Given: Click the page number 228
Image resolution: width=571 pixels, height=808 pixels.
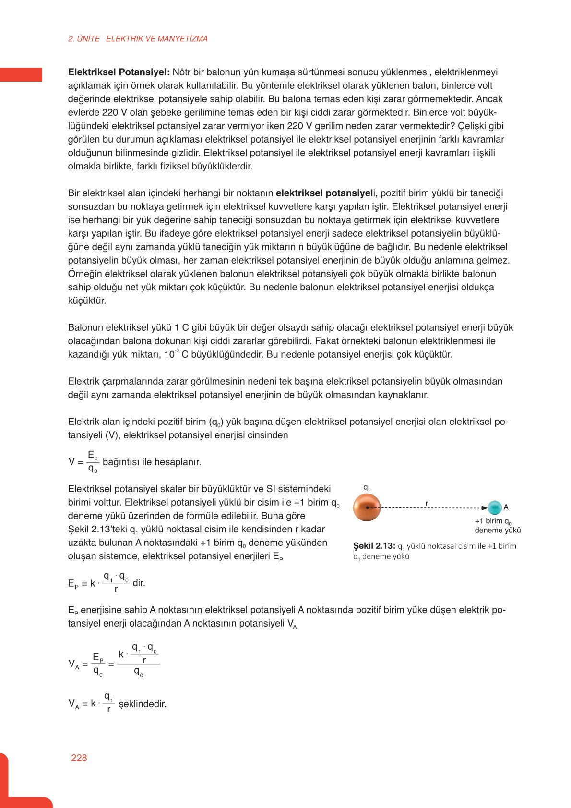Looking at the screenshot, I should coord(79,758).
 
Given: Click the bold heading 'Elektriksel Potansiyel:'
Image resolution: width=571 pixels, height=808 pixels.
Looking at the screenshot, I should coord(119,72).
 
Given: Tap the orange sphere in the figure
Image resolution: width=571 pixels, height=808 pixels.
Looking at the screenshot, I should coord(367,507).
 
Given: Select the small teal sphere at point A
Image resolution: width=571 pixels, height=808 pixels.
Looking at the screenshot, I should coord(494,507).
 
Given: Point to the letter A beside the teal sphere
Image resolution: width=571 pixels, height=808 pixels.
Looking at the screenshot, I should coord(506,507).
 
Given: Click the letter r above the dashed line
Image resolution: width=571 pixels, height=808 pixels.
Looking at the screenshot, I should coord(427,503).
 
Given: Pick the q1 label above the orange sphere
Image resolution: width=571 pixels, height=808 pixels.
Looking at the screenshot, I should coord(367,488).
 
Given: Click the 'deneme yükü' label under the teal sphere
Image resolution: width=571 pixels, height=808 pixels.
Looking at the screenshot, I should coord(498,531).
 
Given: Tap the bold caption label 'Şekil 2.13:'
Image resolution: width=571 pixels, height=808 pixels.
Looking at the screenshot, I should coord(374,546).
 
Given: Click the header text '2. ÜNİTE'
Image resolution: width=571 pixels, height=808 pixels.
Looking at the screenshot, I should coord(84,39).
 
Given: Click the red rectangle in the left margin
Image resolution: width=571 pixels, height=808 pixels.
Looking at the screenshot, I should coord(21,74).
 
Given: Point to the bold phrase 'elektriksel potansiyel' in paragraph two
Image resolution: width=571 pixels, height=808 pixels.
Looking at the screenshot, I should coord(324,193).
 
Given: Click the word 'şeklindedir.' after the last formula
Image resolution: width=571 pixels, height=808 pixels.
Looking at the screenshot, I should coord(143,704).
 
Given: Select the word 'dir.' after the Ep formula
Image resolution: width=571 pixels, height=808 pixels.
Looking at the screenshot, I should coord(139,583).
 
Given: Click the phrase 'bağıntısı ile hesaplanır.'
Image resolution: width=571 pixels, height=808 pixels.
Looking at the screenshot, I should coord(152,462).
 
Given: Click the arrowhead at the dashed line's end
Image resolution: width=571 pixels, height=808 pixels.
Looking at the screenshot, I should coord(485,507).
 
